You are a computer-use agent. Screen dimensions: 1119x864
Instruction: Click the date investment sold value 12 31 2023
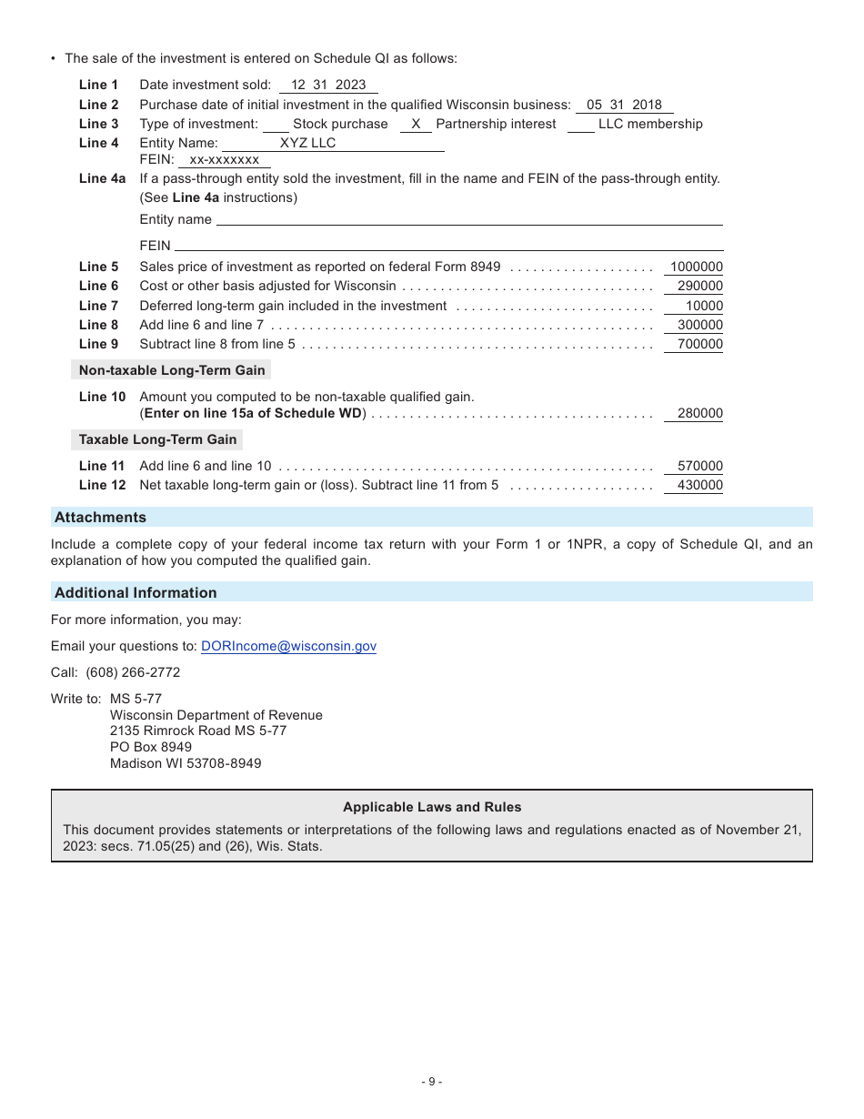pos(328,85)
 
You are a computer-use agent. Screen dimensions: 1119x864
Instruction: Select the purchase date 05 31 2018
pos(624,105)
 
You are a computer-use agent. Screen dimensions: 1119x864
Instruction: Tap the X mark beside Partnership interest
pos(416,124)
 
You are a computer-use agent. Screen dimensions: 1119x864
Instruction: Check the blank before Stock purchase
pos(276,125)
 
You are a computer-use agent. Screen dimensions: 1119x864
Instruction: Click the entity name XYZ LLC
pos(307,143)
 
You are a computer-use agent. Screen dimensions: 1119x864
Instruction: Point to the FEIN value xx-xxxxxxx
pos(224,159)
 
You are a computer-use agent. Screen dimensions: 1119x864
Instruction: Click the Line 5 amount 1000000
pos(696,267)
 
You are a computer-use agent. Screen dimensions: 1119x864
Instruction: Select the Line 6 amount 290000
pos(699,286)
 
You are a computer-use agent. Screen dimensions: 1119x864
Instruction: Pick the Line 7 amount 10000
pos(704,306)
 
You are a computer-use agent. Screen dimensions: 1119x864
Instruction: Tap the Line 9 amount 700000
pos(699,344)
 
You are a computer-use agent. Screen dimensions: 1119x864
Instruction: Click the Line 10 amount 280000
pos(699,413)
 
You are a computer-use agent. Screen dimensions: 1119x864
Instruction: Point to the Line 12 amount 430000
pos(699,485)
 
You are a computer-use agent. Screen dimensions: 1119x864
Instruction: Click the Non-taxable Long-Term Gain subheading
pos(172,370)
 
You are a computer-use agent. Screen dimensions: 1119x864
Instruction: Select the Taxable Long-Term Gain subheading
pos(157,439)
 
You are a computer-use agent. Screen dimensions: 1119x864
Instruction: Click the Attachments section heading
pos(100,517)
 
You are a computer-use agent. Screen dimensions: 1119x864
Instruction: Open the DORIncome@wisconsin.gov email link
pos(288,646)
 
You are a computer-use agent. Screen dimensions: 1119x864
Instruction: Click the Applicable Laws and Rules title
pos(432,807)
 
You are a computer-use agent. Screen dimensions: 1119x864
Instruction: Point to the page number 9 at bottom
pos(432,1082)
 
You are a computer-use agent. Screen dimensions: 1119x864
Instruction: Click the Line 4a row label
pos(102,178)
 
